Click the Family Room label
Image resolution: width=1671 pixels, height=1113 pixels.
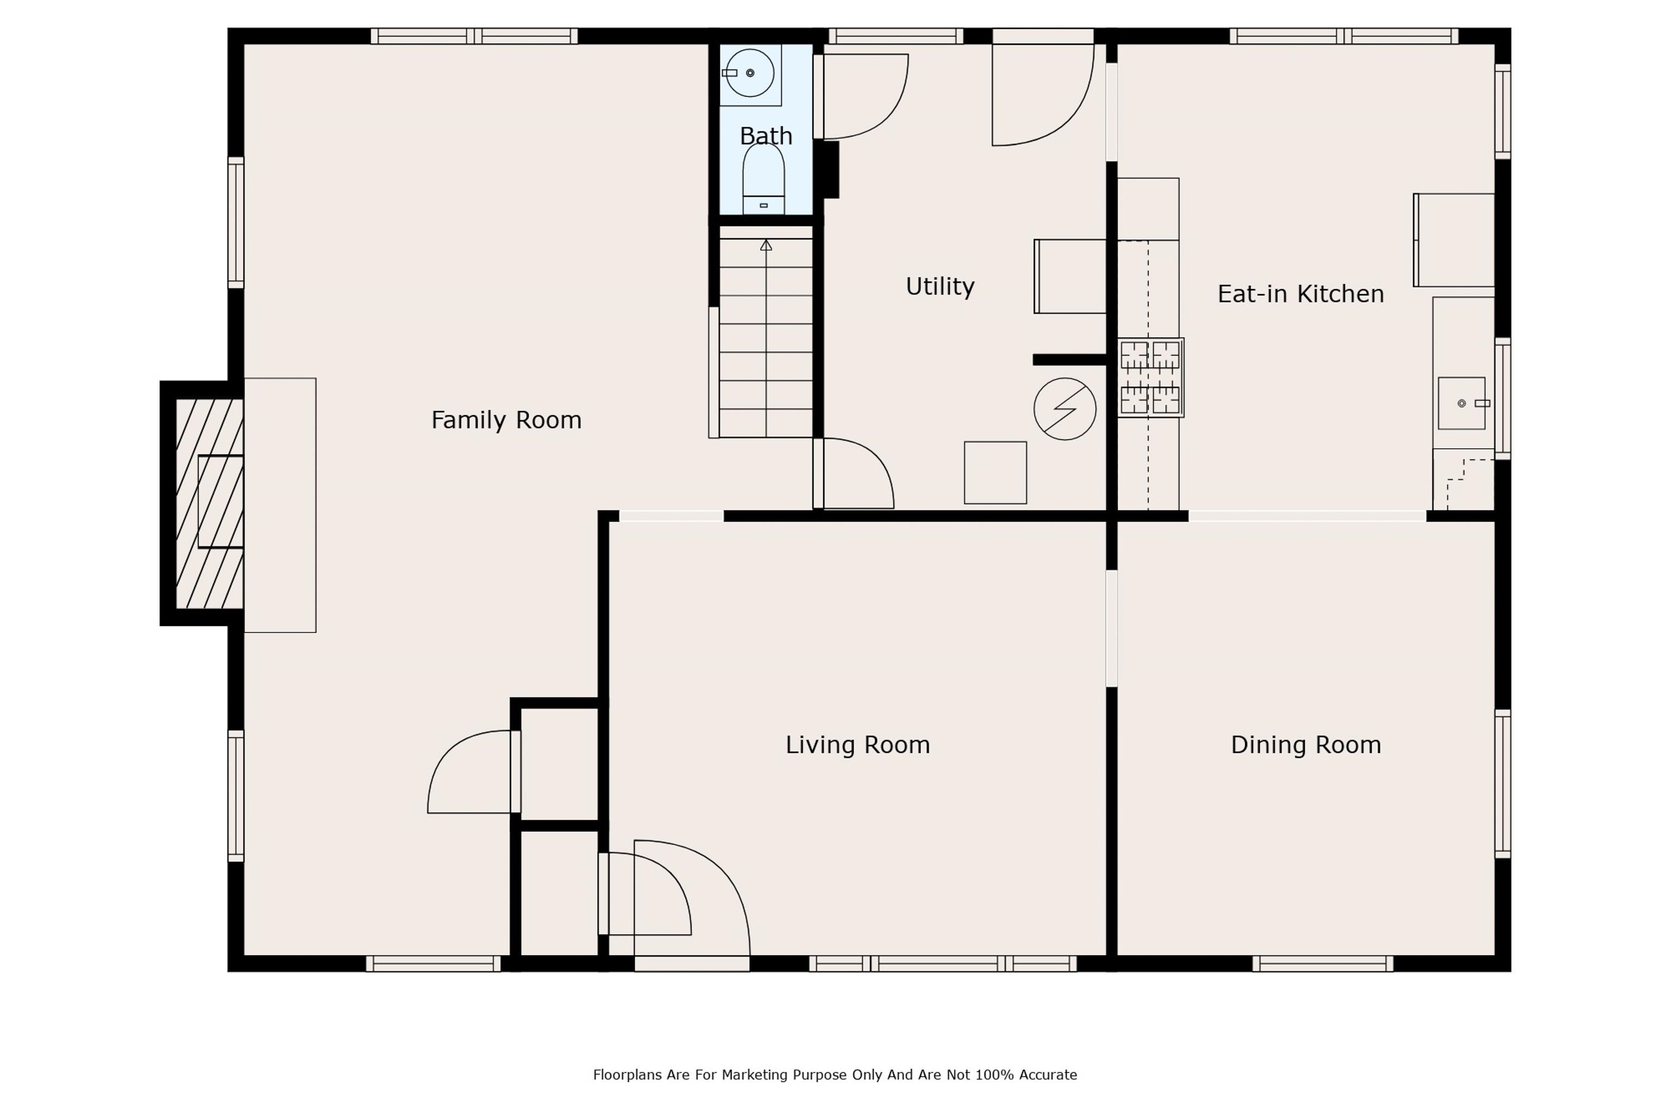point(506,420)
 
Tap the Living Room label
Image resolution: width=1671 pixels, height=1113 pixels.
point(857,744)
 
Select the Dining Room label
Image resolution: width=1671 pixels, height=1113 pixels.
point(1305,744)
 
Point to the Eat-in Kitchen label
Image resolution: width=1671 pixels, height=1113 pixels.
point(1300,294)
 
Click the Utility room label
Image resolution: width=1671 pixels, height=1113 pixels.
point(939,286)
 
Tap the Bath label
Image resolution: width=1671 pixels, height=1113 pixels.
point(765,135)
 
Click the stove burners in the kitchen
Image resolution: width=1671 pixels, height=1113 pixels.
point(1150,377)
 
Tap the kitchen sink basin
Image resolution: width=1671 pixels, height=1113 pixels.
point(1462,403)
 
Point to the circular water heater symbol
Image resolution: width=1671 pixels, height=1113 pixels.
point(1065,409)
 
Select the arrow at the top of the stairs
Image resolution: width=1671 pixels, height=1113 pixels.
point(765,245)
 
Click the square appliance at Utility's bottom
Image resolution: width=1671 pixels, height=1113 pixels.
point(995,472)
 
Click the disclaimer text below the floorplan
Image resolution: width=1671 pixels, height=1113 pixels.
point(834,1075)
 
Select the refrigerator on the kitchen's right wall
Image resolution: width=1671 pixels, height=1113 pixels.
point(1453,240)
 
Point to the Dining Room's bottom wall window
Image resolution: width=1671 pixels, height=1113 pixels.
point(1322,963)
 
